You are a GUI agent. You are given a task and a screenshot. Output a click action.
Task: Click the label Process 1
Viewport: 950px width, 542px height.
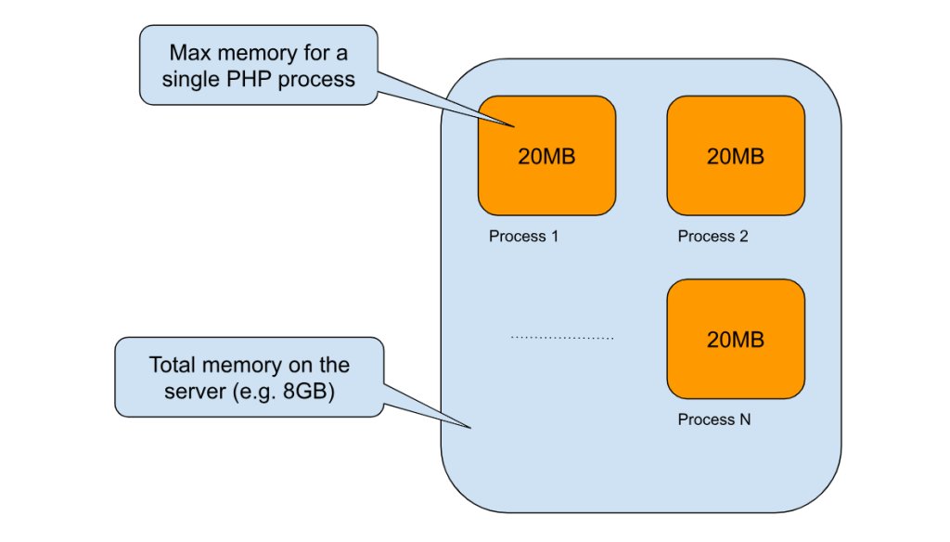click(x=524, y=237)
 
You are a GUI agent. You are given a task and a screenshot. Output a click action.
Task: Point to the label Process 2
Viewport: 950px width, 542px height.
click(x=712, y=237)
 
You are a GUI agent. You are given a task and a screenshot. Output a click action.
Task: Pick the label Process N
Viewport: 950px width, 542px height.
click(x=713, y=419)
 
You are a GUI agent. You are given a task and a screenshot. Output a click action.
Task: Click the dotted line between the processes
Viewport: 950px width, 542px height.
click(x=562, y=338)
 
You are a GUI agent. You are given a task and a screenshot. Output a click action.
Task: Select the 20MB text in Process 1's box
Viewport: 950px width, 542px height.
click(x=546, y=157)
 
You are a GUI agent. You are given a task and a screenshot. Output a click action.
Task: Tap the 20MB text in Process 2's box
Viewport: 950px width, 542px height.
click(x=736, y=157)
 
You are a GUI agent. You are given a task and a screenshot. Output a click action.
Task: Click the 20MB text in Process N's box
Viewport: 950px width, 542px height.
click(x=736, y=340)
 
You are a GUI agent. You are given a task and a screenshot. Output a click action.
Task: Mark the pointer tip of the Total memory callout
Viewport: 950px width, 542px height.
click(x=472, y=429)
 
